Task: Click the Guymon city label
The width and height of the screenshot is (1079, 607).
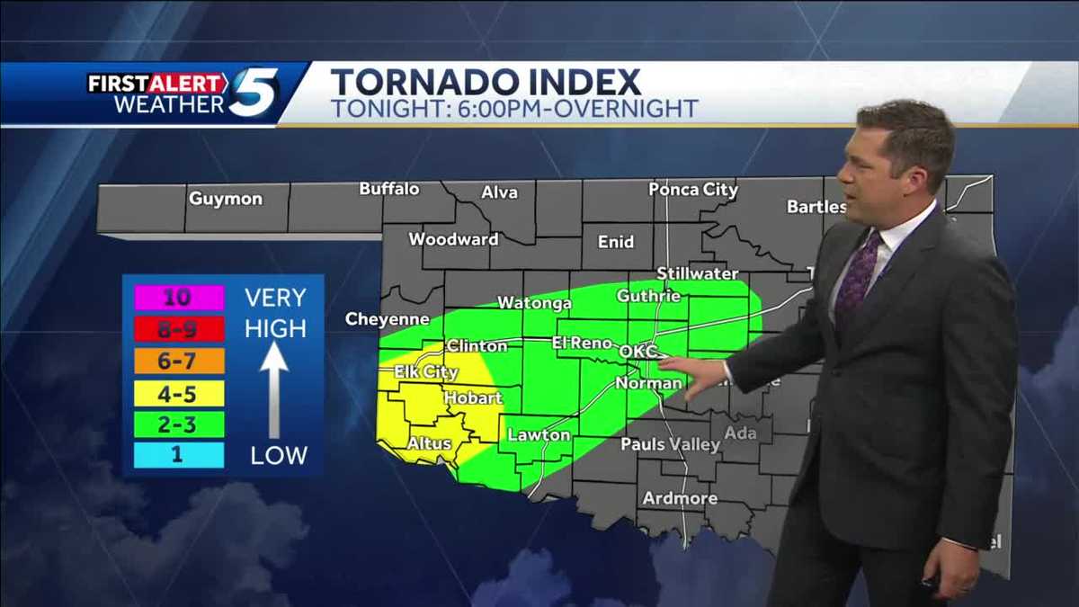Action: [x=225, y=199]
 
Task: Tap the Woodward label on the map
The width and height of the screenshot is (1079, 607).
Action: [x=453, y=239]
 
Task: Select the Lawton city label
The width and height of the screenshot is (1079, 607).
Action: [x=539, y=435]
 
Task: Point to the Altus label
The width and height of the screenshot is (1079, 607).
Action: [x=429, y=443]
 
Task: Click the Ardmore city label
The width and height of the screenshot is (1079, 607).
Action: [x=680, y=498]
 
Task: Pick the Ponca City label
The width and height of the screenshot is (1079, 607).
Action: [x=693, y=190]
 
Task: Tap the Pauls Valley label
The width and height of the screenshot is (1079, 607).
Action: [x=670, y=444]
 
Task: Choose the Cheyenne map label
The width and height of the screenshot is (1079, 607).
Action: [x=388, y=319]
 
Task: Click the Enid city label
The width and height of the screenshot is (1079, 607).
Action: [x=615, y=242]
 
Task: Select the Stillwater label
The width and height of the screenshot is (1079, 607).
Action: [x=697, y=273]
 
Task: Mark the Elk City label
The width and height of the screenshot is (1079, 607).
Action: [x=426, y=371]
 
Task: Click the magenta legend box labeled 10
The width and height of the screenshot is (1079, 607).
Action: [x=179, y=298]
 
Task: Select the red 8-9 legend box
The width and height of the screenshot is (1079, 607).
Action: [x=179, y=329]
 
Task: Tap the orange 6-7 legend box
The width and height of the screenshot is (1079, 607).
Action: [x=179, y=361]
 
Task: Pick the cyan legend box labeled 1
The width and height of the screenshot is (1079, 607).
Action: [x=179, y=455]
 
